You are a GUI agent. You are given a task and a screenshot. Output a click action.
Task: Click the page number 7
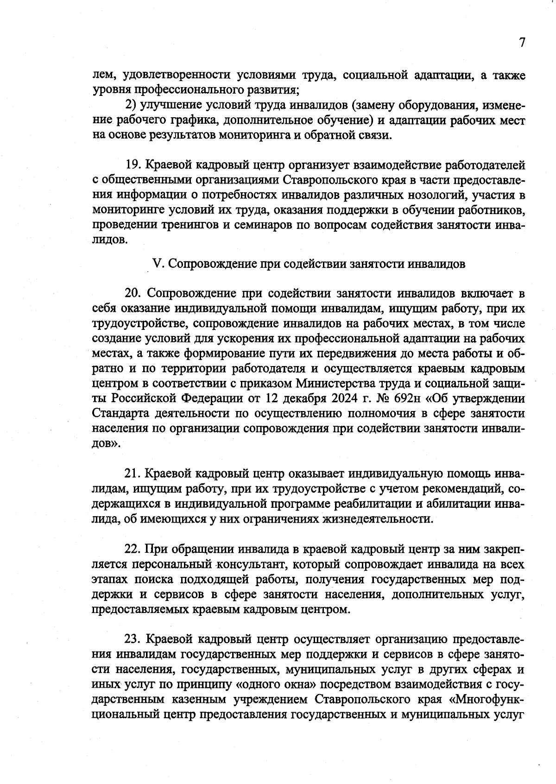tap(522, 43)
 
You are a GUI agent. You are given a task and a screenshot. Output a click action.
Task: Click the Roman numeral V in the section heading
tap(157, 264)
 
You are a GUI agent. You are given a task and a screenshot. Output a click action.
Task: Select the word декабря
tap(292, 398)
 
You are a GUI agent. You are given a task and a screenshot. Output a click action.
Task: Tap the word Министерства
tap(341, 384)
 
